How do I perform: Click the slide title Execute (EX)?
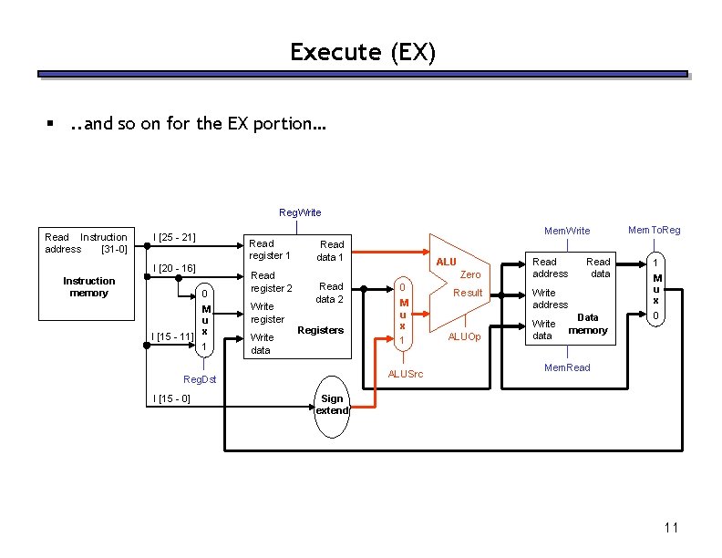[x=363, y=53]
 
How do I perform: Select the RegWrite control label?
[x=300, y=212]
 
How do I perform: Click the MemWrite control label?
[x=567, y=232]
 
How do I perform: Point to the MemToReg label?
[x=654, y=230]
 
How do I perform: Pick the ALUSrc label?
[x=406, y=374]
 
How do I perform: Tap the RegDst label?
[x=200, y=378]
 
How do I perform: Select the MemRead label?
[x=567, y=367]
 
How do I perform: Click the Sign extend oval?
[x=332, y=404]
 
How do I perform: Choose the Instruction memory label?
[x=88, y=286]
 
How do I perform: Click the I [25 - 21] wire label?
[x=174, y=238]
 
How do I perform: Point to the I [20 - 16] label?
[x=174, y=268]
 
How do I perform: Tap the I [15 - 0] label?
[x=171, y=399]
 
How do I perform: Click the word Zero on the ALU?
[x=470, y=274]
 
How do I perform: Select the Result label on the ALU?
[x=468, y=293]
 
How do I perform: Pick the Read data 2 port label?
[x=330, y=293]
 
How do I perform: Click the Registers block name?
[x=320, y=330]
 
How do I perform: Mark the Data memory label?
[x=588, y=324]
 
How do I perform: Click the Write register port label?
[x=267, y=313]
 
